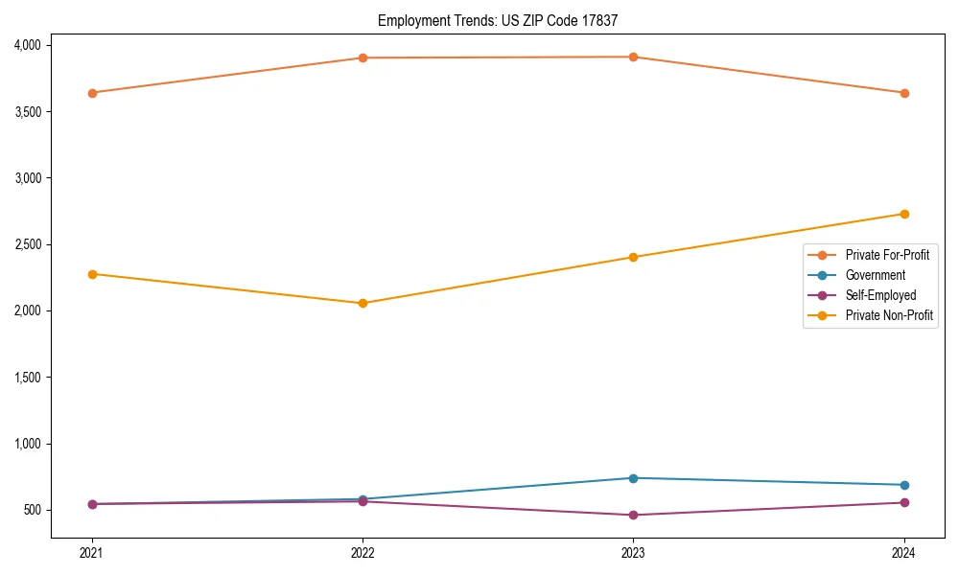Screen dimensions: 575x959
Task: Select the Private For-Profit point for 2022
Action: (x=363, y=57)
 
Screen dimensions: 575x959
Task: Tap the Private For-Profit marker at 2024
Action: (x=904, y=93)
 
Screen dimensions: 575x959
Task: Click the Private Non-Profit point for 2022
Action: (x=363, y=303)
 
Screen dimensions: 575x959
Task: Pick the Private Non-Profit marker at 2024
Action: (x=904, y=214)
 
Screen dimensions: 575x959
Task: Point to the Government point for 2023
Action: (x=633, y=478)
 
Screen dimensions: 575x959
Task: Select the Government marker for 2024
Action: (x=904, y=485)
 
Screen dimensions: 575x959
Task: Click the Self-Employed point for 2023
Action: (x=633, y=515)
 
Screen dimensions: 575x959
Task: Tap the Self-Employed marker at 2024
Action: (x=904, y=502)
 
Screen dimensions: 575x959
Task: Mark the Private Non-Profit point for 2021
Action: (x=92, y=274)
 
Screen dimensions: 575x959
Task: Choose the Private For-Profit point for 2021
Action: (x=92, y=93)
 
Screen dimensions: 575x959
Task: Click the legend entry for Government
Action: (x=875, y=275)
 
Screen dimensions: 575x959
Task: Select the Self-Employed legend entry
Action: (x=880, y=295)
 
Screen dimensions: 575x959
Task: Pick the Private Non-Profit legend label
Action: (x=889, y=315)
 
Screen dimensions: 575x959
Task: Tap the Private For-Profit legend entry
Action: (x=887, y=255)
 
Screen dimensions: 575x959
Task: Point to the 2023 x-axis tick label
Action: (x=633, y=552)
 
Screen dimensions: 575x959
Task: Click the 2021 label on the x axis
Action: (x=92, y=552)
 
